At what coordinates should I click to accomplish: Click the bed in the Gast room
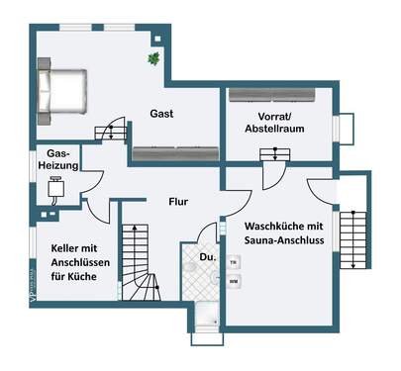coord(62,89)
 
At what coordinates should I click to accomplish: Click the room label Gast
coord(162,114)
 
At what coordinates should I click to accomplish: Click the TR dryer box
coord(234,263)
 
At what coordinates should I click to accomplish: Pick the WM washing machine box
coord(234,281)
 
